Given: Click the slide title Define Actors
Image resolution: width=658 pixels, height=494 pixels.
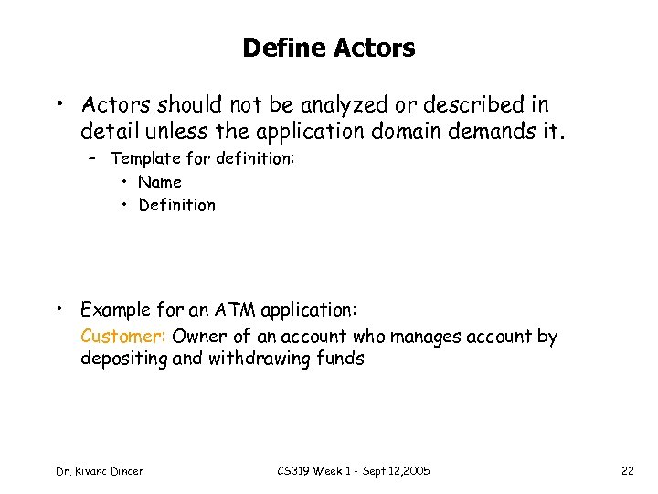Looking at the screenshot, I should pyautogui.click(x=328, y=48).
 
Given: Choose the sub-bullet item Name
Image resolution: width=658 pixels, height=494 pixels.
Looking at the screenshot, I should pyautogui.click(x=160, y=182).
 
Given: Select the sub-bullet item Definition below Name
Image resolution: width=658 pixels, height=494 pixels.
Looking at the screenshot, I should pyautogui.click(x=177, y=205).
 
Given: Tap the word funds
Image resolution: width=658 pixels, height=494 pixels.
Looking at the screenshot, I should pyautogui.click(x=342, y=359).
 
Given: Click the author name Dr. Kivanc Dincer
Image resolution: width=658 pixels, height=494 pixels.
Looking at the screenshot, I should pyautogui.click(x=100, y=470).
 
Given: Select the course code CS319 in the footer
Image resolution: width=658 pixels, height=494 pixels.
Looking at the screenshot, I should pyautogui.click(x=295, y=470).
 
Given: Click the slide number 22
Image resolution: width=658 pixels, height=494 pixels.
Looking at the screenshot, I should pyautogui.click(x=628, y=470).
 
